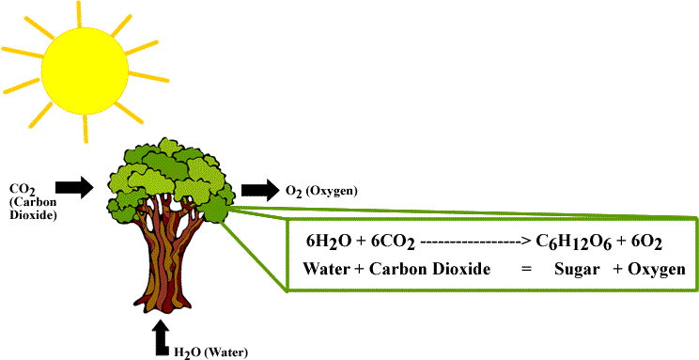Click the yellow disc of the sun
pyautogui.click(x=85, y=70)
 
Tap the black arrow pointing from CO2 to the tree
pyautogui.click(x=74, y=186)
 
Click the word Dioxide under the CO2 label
pyautogui.click(x=33, y=216)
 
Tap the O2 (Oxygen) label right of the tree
pyautogui.click(x=321, y=193)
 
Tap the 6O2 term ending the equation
pyautogui.click(x=646, y=243)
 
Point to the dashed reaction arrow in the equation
pyautogui.click(x=474, y=243)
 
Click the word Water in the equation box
pyautogui.click(x=324, y=270)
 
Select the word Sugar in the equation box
pyautogui.click(x=576, y=271)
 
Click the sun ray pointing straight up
pyautogui.click(x=79, y=14)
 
